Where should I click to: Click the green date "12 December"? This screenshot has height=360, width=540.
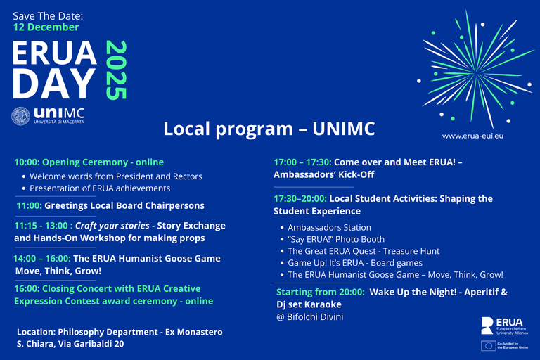tap(46, 27)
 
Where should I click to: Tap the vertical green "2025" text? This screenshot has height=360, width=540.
tap(117, 70)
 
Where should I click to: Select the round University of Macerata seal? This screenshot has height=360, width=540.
tap(21, 117)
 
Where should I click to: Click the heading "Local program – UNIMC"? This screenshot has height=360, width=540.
tap(269, 129)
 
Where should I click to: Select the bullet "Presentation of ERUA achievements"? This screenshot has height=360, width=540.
tap(100, 188)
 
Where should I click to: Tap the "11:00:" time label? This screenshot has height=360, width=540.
tap(29, 206)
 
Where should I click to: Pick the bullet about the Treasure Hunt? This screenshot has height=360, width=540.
tap(364, 251)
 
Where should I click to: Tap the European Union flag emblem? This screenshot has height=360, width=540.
tap(488, 345)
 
